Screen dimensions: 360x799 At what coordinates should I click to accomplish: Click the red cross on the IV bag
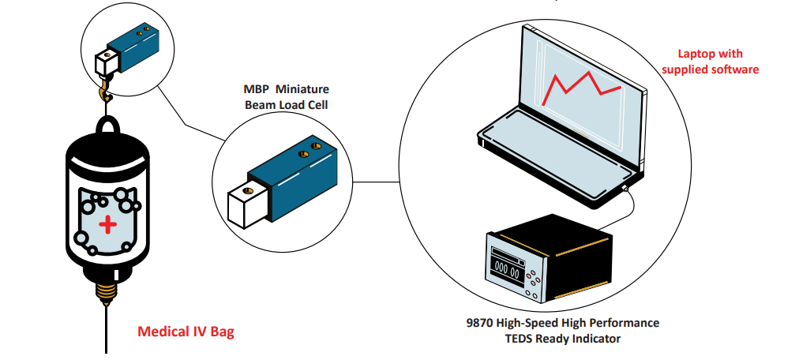(x=107, y=226)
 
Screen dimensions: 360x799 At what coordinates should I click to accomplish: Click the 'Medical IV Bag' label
(x=186, y=332)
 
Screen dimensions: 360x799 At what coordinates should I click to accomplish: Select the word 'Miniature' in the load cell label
(x=302, y=88)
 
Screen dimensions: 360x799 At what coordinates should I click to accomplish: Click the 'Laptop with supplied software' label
(x=711, y=62)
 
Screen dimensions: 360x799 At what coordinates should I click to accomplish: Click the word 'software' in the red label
(x=733, y=69)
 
